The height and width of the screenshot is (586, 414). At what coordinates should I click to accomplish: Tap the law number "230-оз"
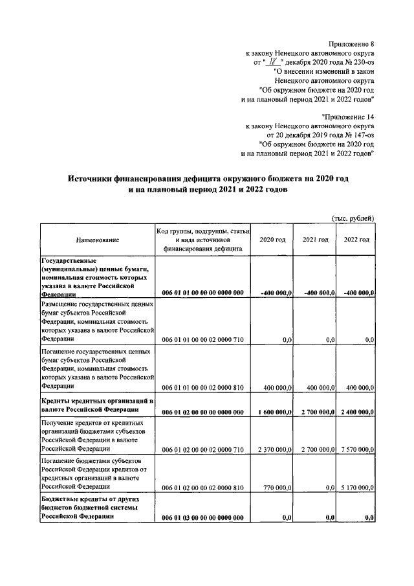click(362, 63)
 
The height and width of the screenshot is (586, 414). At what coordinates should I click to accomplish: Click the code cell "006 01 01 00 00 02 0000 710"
click(202, 339)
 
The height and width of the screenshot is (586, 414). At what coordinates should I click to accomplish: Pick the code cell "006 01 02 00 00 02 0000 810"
click(202, 486)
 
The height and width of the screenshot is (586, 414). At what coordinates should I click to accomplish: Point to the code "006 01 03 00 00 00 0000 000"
click(202, 517)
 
